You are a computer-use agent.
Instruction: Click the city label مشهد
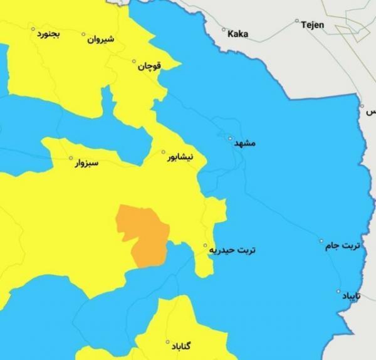click(245, 144)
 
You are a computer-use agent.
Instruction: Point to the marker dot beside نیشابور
click(164, 152)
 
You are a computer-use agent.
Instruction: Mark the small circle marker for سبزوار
click(70, 158)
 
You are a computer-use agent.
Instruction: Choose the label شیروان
click(102, 39)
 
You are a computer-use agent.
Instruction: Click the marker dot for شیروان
click(83, 34)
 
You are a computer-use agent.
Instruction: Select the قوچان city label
click(150, 66)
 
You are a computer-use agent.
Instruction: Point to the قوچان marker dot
click(133, 61)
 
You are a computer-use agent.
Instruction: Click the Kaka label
click(238, 33)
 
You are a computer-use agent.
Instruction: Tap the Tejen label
click(312, 24)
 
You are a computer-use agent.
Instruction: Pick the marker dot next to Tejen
click(297, 21)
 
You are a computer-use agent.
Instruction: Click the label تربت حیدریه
click(233, 250)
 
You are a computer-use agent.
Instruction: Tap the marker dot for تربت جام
click(321, 241)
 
